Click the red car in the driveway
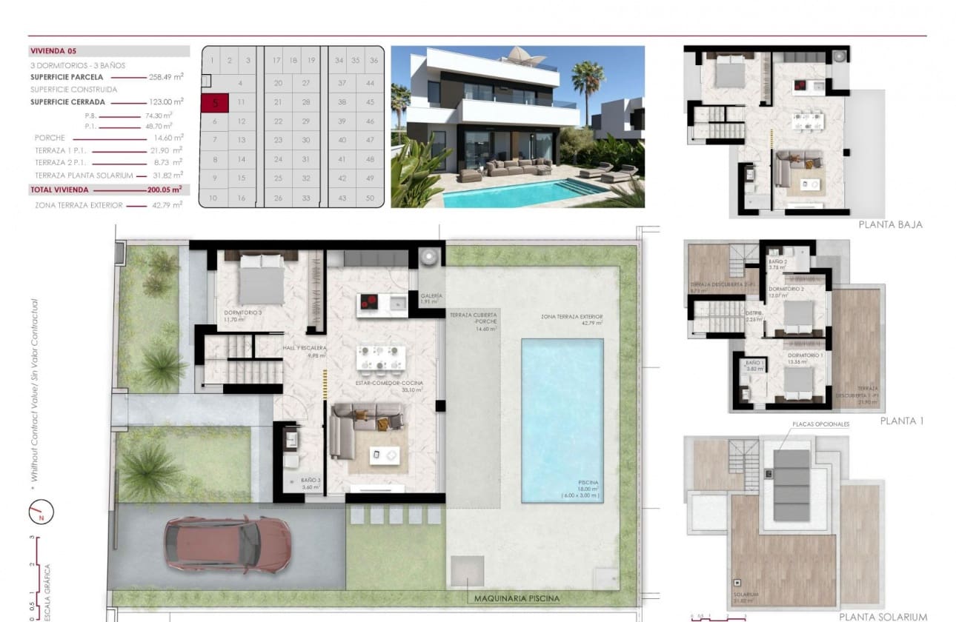(228, 545)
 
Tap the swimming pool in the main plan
(562, 421)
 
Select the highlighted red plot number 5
(214, 103)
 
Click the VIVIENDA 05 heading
(53, 52)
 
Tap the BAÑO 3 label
(311, 482)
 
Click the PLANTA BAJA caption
(890, 224)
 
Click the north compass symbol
(42, 510)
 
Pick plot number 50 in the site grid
(371, 198)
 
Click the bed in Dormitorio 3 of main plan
(260, 281)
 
